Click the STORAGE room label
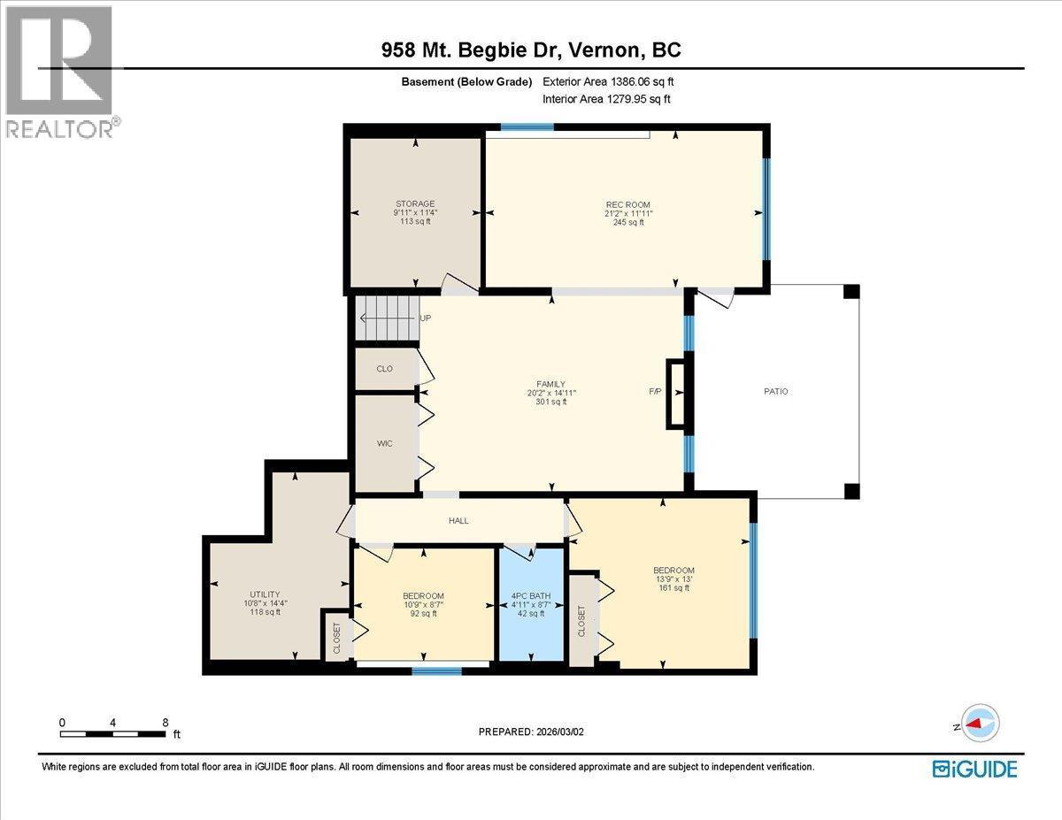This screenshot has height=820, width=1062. [415, 203]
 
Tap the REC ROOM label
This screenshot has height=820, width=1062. [628, 204]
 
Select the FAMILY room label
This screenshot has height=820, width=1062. [550, 384]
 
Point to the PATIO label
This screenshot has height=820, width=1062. [775, 391]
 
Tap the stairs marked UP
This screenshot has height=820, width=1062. [387, 318]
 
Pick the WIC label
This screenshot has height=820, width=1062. [385, 443]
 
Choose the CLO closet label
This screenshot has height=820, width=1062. [385, 369]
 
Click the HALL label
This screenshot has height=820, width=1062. [458, 521]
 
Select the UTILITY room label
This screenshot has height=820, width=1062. [265, 594]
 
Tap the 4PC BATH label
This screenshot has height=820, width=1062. [531, 596]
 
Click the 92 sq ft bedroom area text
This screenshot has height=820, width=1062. [423, 613]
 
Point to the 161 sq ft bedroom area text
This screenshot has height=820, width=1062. [674, 587]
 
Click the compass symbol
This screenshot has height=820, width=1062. [980, 724]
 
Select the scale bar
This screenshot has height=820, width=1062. [112, 734]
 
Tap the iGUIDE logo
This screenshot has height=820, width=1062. [974, 770]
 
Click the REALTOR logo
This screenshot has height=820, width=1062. [61, 72]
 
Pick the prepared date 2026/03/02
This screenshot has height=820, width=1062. [559, 732]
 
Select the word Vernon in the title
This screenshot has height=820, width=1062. [603, 50]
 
